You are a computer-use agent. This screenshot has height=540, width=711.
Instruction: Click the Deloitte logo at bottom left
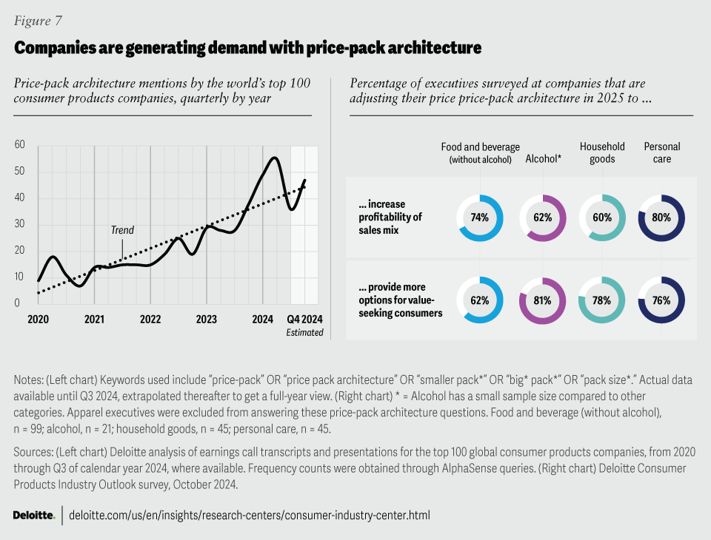(x=33, y=515)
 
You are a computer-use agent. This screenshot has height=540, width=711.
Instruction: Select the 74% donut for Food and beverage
(x=480, y=217)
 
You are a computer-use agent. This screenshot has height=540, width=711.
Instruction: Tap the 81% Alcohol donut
(x=542, y=300)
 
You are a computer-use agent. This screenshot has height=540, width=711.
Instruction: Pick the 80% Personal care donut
(x=661, y=217)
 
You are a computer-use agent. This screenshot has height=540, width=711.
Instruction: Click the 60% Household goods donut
(x=601, y=217)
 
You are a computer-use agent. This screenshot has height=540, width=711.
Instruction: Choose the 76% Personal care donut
(x=661, y=300)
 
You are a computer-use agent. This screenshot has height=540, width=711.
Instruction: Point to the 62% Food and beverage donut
(x=480, y=300)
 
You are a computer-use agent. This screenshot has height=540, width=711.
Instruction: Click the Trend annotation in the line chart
(x=122, y=230)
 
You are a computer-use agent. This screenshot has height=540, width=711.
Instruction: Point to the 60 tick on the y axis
(x=20, y=145)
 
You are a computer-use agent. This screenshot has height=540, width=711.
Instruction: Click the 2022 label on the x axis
(x=150, y=320)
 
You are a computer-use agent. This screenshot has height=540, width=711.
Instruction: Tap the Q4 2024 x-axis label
(x=305, y=320)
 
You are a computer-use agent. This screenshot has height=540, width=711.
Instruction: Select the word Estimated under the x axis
(x=305, y=332)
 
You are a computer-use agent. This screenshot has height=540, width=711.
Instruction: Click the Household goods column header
(x=601, y=152)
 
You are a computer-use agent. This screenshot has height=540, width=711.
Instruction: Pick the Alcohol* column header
(x=542, y=158)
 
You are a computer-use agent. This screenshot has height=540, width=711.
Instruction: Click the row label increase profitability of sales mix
(x=391, y=217)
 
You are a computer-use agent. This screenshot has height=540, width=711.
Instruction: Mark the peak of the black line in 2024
(x=275, y=158)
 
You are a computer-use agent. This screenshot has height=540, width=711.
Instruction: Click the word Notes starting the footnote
(x=28, y=379)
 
